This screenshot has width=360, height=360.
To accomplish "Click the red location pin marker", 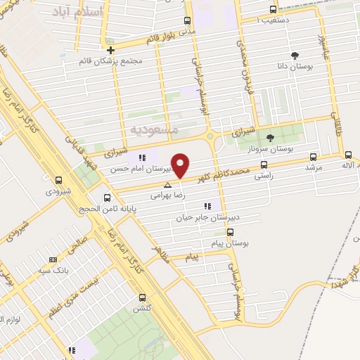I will coord(181,164).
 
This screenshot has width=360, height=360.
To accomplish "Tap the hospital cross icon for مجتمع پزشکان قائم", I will coord(110,50).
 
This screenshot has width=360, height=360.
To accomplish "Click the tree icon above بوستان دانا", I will coord(293,56).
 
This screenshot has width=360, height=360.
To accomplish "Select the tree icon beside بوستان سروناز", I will coord(271,138).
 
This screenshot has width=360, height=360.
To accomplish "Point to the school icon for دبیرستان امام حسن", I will coord(141,157).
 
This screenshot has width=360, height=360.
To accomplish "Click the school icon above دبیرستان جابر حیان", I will coord(207,206).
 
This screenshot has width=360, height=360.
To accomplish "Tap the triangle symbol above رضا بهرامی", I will coord(167,186).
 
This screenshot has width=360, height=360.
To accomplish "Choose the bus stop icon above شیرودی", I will coord(58,180).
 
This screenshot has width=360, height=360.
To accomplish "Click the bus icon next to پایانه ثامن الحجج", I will coord(107,198).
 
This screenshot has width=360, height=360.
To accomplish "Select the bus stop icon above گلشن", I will coord(143,297).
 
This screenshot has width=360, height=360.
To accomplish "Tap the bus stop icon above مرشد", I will coord(313,157).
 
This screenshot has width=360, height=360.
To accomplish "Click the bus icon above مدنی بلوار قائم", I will coord(186,20).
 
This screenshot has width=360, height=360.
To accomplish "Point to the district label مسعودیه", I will coord(155,130).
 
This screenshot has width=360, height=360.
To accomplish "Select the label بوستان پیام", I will coord(233,243).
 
